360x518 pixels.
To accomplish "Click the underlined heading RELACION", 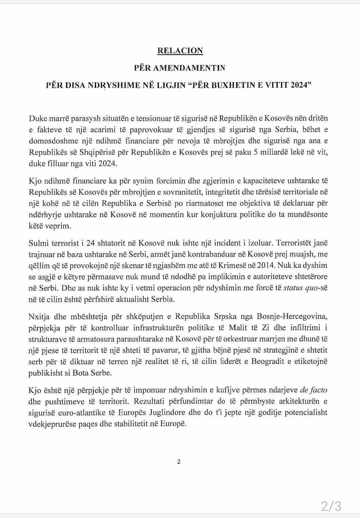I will click(x=180, y=51).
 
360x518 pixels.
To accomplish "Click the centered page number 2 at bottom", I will click(x=179, y=462).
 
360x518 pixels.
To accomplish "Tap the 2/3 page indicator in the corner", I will click(x=331, y=506).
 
